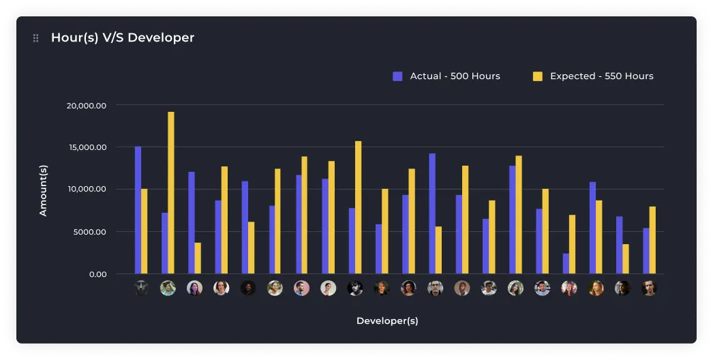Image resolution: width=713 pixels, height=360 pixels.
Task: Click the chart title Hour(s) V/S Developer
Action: [x=123, y=38]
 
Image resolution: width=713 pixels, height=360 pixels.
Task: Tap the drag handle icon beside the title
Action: [x=36, y=38]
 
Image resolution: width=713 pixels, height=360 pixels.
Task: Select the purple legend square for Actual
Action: [x=398, y=76]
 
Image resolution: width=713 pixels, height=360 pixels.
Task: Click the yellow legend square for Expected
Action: [x=538, y=76]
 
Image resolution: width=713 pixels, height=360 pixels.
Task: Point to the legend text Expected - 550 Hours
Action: [x=601, y=76]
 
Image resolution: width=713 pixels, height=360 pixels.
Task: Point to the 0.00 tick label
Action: [x=97, y=274]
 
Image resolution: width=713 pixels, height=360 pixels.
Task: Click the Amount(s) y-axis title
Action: [x=43, y=190]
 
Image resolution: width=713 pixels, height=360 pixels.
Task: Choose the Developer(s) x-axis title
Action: [x=387, y=320]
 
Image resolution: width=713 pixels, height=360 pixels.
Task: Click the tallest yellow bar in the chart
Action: [x=171, y=193]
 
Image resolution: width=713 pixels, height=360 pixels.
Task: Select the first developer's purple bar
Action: [x=138, y=210]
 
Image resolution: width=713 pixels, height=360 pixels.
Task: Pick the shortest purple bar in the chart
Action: [x=566, y=264]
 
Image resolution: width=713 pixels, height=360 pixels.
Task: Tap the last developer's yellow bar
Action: [x=652, y=240]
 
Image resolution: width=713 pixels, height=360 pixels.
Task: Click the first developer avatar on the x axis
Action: [x=141, y=288]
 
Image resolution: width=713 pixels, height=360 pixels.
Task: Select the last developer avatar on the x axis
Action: [x=649, y=288]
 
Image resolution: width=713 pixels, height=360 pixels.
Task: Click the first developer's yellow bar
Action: [x=145, y=231]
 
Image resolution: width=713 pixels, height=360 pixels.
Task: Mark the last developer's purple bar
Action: [x=646, y=251]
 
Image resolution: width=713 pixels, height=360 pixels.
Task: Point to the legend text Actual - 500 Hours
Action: [x=455, y=76]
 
